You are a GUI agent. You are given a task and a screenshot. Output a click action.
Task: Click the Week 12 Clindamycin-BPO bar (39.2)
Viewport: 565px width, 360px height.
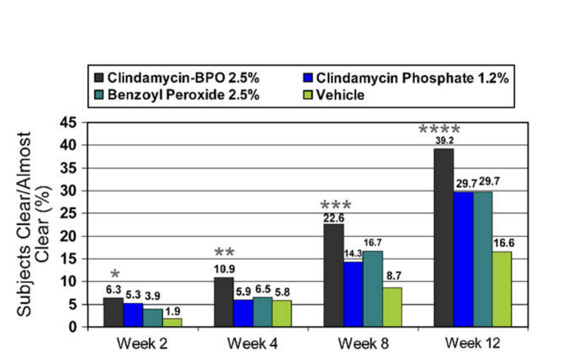(443, 238)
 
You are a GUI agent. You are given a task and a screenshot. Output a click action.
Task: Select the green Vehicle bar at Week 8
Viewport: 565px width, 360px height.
(392, 307)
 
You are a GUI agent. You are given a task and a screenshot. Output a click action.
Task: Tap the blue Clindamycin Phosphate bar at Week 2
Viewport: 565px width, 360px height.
(133, 315)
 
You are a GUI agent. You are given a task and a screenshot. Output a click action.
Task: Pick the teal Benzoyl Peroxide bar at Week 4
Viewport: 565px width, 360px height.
(262, 312)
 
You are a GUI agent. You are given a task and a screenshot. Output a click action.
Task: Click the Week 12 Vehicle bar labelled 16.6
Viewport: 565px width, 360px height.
(502, 289)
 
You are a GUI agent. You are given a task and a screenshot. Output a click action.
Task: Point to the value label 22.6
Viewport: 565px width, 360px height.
(334, 218)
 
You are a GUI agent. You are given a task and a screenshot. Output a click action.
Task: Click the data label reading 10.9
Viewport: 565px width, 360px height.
(224, 269)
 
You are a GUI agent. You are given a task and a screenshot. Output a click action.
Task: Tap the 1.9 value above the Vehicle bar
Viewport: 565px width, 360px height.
(172, 311)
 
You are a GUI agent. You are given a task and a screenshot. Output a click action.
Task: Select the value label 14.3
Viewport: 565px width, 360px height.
(353, 254)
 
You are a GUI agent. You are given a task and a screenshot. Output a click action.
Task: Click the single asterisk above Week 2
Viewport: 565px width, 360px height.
(115, 274)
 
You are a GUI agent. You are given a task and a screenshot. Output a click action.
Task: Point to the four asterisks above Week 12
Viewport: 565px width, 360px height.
(439, 129)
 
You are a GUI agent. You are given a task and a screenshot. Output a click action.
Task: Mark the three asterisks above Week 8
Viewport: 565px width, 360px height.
(336, 205)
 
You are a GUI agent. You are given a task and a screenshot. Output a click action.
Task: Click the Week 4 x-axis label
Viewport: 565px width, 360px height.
(252, 344)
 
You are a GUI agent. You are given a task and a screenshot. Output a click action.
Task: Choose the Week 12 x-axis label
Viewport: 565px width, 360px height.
(472, 343)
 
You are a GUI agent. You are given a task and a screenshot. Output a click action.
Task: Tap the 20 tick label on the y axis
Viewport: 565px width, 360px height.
(68, 236)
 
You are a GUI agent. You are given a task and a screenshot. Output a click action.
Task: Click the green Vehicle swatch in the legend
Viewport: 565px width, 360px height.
(307, 95)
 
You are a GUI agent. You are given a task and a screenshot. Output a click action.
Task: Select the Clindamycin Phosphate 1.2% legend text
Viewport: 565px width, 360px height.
(412, 78)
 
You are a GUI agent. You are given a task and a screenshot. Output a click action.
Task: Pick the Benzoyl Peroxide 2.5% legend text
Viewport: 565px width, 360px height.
(183, 95)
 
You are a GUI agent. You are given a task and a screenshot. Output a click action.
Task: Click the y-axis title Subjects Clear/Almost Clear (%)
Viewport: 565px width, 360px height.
(33, 224)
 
